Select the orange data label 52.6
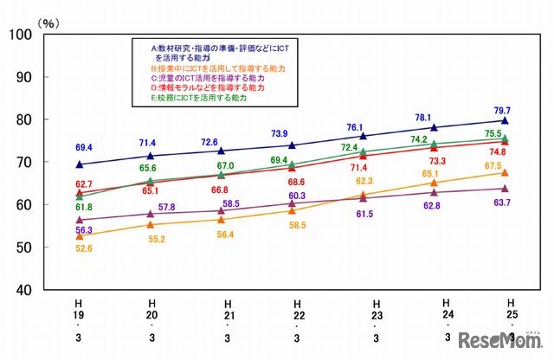82,249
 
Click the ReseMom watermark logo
499,337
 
